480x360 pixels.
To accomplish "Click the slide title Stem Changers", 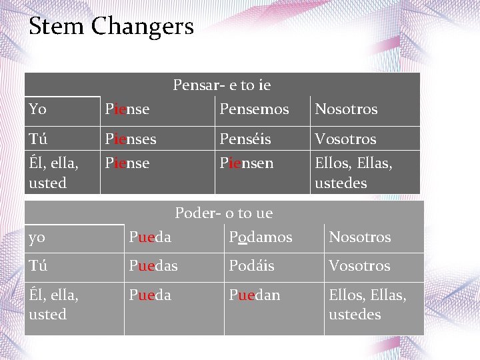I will [x=111, y=27].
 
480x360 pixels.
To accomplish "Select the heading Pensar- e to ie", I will [x=221, y=85].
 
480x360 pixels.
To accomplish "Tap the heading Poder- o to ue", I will [x=223, y=213].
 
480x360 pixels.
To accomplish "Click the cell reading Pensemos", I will [x=254, y=109].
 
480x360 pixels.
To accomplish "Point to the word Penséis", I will [x=245, y=139].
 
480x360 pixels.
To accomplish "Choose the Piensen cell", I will [x=247, y=163].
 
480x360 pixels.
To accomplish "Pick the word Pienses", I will [x=131, y=139].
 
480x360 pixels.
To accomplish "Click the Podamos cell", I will [x=260, y=237].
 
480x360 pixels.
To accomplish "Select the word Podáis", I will [x=251, y=265].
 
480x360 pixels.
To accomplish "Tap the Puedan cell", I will [x=255, y=294].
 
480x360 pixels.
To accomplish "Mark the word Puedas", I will [x=153, y=265].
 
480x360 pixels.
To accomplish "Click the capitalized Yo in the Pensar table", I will [x=38, y=109].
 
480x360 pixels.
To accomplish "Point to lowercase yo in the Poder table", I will [x=37, y=237].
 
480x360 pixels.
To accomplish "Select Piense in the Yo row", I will [x=127, y=109].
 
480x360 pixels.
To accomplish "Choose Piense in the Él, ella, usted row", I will [x=127, y=163].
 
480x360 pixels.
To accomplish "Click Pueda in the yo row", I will [x=150, y=237].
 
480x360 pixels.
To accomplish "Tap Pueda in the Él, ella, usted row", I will [x=150, y=294].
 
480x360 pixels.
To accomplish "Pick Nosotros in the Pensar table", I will [x=346, y=109].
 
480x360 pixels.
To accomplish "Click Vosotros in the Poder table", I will [x=359, y=265].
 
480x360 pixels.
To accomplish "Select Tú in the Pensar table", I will [x=38, y=139].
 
